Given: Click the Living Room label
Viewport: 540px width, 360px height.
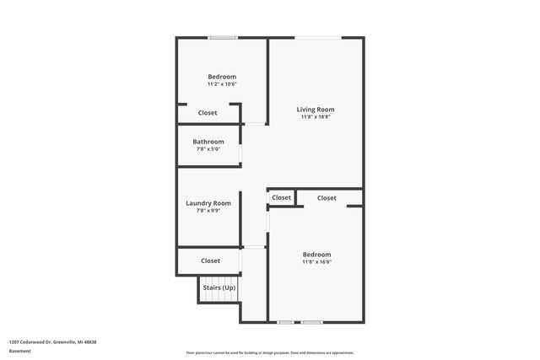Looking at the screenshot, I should (316, 110).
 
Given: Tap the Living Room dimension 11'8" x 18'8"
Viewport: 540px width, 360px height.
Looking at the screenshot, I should (316, 117).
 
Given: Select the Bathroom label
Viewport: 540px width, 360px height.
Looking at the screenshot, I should (208, 142).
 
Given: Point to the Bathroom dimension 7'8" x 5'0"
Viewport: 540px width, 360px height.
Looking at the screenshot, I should (208, 149).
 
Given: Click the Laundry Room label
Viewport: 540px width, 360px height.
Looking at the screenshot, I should (208, 202).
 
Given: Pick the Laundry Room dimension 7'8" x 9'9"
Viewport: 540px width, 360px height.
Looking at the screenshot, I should (208, 210).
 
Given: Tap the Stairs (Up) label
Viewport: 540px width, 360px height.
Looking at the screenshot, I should (219, 287).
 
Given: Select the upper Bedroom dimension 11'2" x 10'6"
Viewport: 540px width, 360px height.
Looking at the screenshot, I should (222, 84).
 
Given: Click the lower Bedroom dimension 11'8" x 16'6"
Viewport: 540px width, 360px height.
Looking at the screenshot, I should (317, 262).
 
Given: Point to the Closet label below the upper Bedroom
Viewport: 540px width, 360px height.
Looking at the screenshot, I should (208, 113).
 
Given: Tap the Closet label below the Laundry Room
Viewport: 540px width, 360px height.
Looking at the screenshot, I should (210, 261).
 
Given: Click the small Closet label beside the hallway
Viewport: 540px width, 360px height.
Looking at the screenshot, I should (281, 197).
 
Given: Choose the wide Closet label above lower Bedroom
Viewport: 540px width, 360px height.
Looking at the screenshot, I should (327, 197).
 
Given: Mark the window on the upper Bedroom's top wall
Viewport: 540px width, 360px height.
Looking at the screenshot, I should (223, 37).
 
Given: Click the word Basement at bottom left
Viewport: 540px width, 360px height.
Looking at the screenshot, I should (20, 350).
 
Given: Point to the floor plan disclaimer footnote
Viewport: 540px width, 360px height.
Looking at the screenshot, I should (269, 352).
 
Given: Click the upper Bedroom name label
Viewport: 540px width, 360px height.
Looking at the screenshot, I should (222, 77).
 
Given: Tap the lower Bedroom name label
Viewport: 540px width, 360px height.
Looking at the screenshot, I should (317, 255).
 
